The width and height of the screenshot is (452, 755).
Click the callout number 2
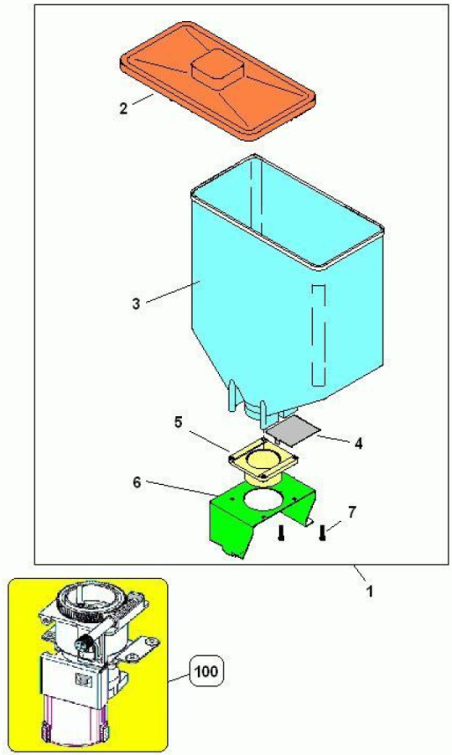pyautogui.click(x=124, y=108)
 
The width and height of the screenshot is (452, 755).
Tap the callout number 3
pyautogui.click(x=138, y=304)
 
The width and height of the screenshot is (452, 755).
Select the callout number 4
pyautogui.click(x=358, y=443)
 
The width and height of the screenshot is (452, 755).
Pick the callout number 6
pyautogui.click(x=138, y=482)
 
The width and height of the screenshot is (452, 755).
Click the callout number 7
pyautogui.click(x=352, y=513)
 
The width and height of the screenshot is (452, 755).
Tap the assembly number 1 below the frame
pyautogui.click(x=369, y=591)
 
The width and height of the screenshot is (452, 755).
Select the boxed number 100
pyautogui.click(x=207, y=671)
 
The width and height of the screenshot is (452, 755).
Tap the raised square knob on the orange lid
pyautogui.click(x=216, y=70)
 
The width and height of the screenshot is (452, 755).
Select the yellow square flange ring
pyautogui.click(x=263, y=460)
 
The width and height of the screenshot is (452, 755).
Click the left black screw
pyautogui.click(x=282, y=533)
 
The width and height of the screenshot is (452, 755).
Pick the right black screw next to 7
pyautogui.click(x=322, y=533)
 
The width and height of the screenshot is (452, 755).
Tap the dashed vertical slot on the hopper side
pyautogui.click(x=319, y=335)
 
